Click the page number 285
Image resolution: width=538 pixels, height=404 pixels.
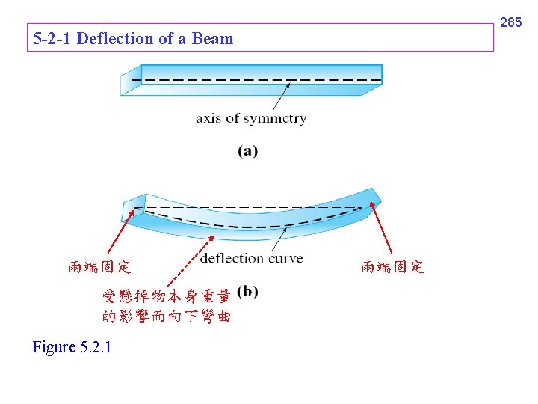point(510,23)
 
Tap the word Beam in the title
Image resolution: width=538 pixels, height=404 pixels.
point(213,39)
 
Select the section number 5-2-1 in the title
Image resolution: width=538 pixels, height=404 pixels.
point(53,39)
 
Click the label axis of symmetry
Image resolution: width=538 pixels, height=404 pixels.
point(251,118)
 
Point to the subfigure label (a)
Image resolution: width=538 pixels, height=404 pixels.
point(247,151)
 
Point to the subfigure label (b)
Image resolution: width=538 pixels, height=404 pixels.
point(247,292)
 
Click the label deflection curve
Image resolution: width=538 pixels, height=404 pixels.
point(252,258)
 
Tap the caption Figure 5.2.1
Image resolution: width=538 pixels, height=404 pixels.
point(72,347)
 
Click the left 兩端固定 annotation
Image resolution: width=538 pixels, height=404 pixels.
point(99,267)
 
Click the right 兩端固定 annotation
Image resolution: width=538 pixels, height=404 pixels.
point(392,267)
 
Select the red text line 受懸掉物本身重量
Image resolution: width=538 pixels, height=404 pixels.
point(166,296)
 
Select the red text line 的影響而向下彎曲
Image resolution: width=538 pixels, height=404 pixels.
point(166,316)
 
